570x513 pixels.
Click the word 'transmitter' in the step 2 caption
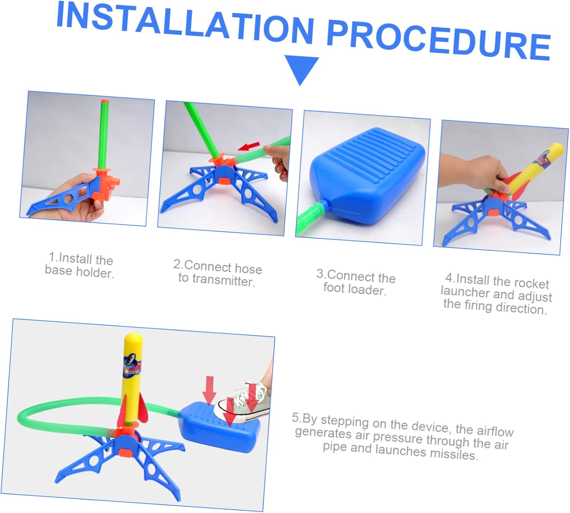[x=223, y=280]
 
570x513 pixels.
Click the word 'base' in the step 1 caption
[x=58, y=270]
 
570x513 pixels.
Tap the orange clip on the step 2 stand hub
[x=225, y=181]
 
